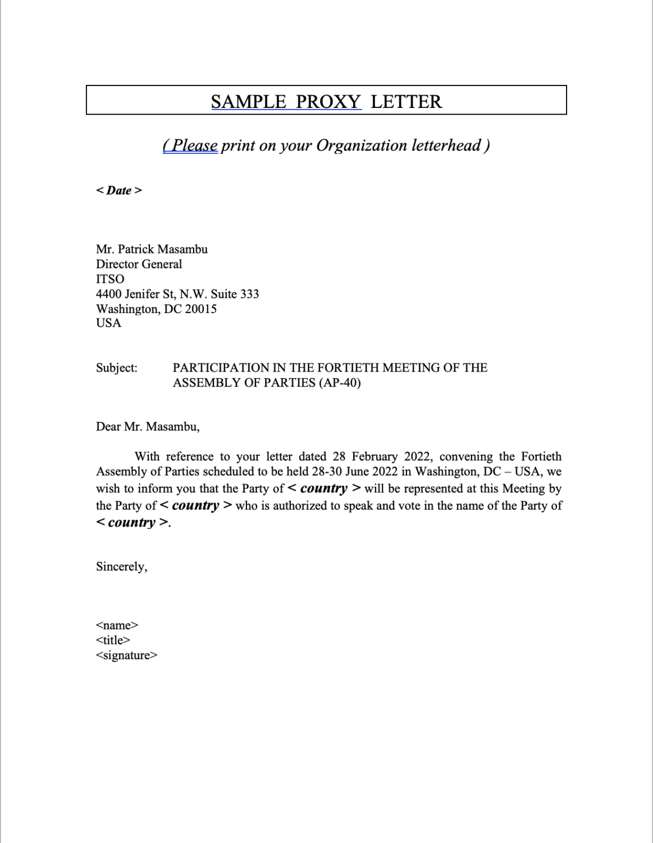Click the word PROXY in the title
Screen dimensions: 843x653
(328, 102)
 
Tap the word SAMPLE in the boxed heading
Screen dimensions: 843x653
(248, 102)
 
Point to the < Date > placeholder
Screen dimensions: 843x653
(119, 191)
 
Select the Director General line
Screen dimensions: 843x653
(139, 264)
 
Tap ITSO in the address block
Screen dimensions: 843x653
(110, 279)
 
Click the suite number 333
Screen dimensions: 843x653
(249, 294)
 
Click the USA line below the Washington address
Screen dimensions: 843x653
(108, 323)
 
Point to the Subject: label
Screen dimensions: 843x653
(116, 368)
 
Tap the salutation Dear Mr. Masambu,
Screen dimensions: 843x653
(148, 427)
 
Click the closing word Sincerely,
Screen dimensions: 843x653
(121, 566)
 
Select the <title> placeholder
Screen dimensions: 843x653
(113, 640)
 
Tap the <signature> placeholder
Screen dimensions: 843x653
(126, 655)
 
